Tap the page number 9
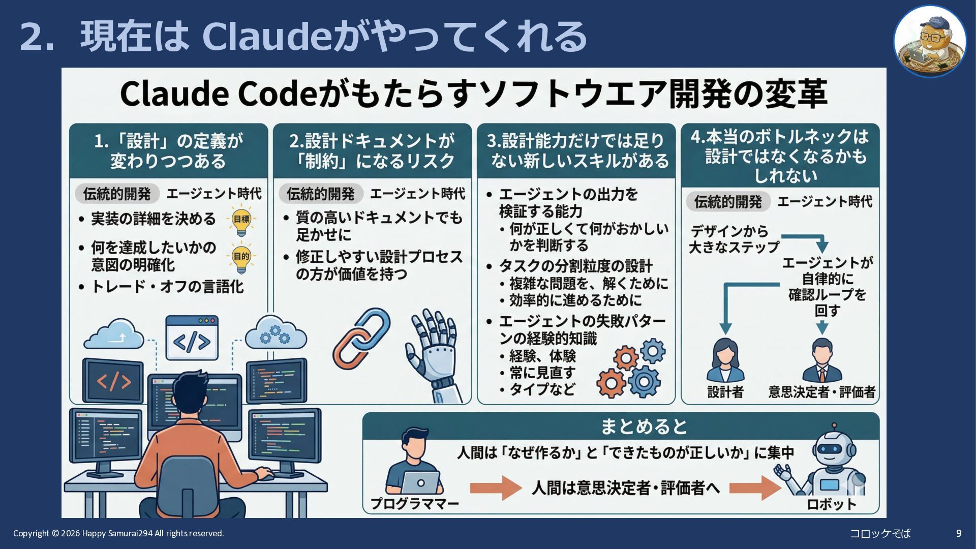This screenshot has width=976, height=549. pyautogui.click(x=959, y=533)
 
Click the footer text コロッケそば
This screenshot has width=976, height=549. pyautogui.click(x=880, y=533)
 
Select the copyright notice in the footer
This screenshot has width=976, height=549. pyautogui.click(x=118, y=533)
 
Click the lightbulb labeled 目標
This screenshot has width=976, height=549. pyautogui.click(x=241, y=220)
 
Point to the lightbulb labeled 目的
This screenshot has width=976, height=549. pyautogui.click(x=241, y=258)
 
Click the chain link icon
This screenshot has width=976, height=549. pyautogui.click(x=361, y=338)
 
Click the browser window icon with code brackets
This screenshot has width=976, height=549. pyautogui.click(x=192, y=338)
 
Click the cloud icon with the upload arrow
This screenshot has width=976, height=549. pyautogui.click(x=114, y=335)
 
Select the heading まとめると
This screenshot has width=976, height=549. pyautogui.click(x=644, y=426)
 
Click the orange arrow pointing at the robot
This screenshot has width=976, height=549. pyautogui.click(x=754, y=487)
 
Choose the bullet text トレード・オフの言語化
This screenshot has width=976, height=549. pyautogui.click(x=167, y=287)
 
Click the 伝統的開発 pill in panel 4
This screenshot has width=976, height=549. pyautogui.click(x=727, y=202)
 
